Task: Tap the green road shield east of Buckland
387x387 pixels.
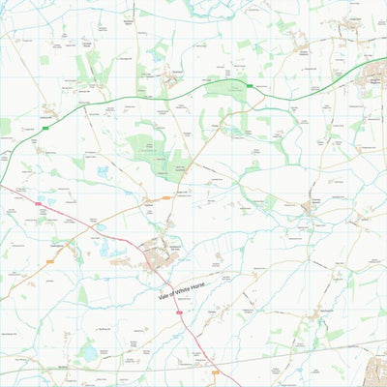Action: pyautogui.click(x=250, y=86)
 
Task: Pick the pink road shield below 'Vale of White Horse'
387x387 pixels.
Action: pyautogui.click(x=180, y=313)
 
